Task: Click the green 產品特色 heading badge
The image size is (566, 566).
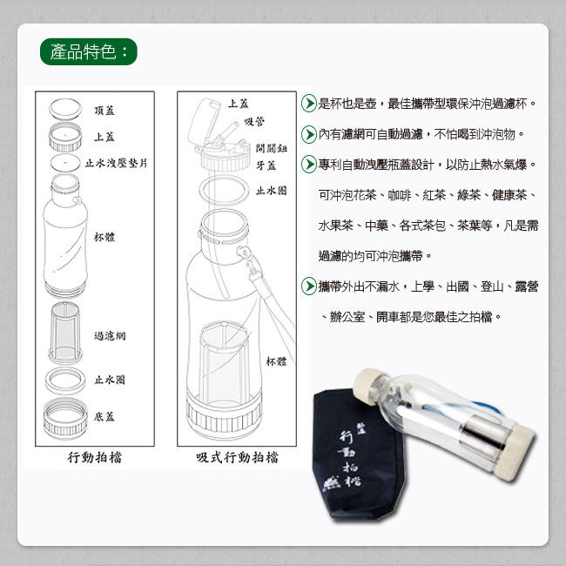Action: (x=89, y=51)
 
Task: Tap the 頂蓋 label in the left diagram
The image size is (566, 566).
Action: (x=104, y=111)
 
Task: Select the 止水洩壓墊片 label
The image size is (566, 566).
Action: (x=116, y=163)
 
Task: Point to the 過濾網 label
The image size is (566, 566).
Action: (x=110, y=336)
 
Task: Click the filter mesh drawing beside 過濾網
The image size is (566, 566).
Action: (x=65, y=333)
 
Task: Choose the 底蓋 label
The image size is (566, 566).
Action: (x=104, y=416)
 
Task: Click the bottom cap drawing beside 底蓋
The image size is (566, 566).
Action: (x=65, y=419)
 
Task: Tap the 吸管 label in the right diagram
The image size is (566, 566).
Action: (x=254, y=122)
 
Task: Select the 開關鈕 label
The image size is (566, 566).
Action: (x=272, y=148)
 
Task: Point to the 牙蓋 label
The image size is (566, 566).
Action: (x=266, y=165)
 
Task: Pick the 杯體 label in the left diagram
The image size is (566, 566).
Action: (x=104, y=237)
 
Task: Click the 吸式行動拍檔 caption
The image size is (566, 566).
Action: (x=237, y=458)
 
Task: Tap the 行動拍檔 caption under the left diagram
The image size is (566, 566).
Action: (x=95, y=458)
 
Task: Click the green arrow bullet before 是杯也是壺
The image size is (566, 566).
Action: (x=309, y=104)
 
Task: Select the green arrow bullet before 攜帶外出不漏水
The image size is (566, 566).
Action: (x=309, y=286)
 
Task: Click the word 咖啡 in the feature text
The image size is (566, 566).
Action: (x=399, y=195)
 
